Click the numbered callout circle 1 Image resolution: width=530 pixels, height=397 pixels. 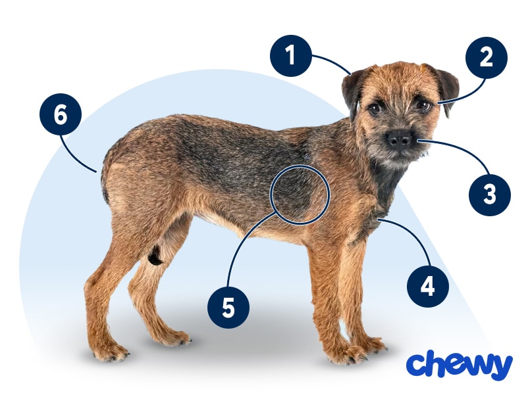(x=290, y=56)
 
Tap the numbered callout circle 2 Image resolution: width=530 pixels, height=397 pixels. (x=487, y=57)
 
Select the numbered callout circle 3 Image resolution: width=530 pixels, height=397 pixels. (x=490, y=194)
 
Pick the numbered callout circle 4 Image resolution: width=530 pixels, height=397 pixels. (x=428, y=287)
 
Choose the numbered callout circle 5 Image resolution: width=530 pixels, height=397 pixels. (x=228, y=308)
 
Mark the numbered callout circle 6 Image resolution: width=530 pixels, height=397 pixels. (x=61, y=114)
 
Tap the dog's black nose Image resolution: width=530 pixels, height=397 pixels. (x=399, y=138)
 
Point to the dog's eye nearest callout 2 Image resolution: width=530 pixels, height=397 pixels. (x=423, y=104)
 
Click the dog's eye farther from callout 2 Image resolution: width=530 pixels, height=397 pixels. (x=374, y=108)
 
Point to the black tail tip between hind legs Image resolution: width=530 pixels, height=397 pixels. (x=155, y=255)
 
